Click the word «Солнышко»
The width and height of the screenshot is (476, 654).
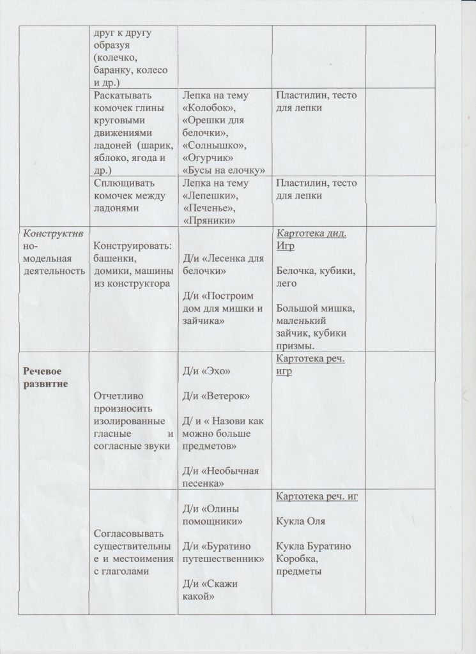212,146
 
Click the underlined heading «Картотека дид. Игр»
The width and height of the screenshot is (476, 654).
311,240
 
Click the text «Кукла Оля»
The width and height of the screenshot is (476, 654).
301,521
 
